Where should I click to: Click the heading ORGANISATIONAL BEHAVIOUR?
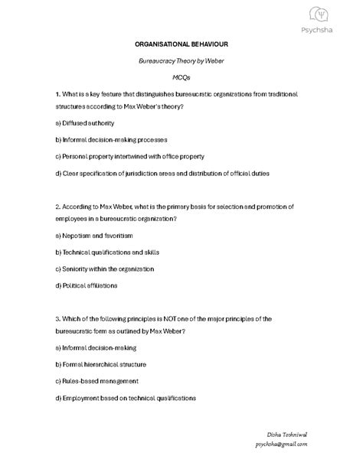pos(181,45)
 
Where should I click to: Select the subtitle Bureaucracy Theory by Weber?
pos(181,61)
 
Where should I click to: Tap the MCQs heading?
pos(181,77)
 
